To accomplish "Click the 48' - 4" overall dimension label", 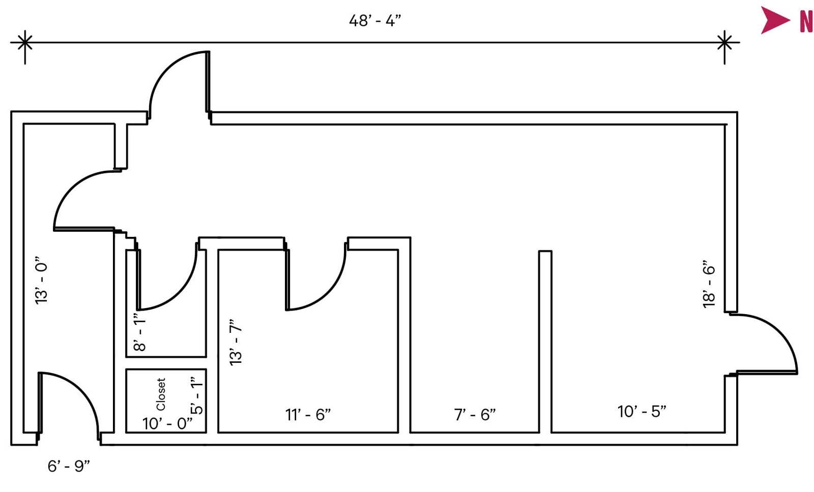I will [375, 21].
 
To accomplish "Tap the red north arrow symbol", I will [774, 20].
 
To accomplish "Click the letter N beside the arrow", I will [806, 21].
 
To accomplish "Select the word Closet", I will [161, 394].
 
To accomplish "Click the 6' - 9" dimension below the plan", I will [69, 466].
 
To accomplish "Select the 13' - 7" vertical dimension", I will [236, 342].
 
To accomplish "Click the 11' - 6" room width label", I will [308, 415].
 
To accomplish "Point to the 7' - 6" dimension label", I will [475, 415].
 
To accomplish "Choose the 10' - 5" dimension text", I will [642, 411].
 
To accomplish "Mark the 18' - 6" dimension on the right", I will [709, 285].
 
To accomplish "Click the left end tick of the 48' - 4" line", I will [24, 42].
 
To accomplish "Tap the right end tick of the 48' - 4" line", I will [724, 42].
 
